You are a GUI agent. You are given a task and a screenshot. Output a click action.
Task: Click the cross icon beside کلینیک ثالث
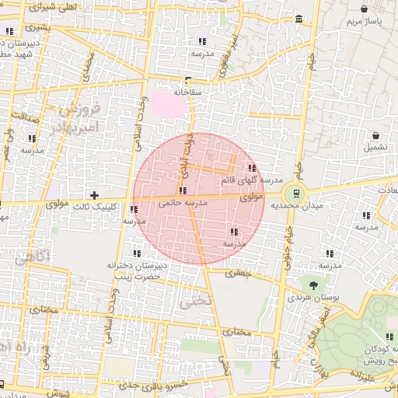pyautogui.click(x=95, y=194)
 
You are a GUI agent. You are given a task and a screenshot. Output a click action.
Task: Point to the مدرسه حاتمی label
pyautogui.click(x=183, y=202)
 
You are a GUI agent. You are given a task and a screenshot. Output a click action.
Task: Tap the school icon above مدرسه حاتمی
pyautogui.click(x=182, y=190)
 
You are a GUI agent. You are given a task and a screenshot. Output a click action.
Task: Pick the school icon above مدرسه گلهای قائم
pyautogui.click(x=250, y=167)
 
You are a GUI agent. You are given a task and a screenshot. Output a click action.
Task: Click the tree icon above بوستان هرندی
pyautogui.click(x=313, y=285)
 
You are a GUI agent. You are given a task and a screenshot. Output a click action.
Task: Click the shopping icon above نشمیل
pyautogui.click(x=375, y=134)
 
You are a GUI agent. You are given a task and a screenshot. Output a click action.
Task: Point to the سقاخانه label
pyautogui.click(x=189, y=92)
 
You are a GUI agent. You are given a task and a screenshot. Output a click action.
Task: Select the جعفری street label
pyautogui.click(x=236, y=273)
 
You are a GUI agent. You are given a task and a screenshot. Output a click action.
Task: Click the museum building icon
pyautogui.click(x=298, y=19)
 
